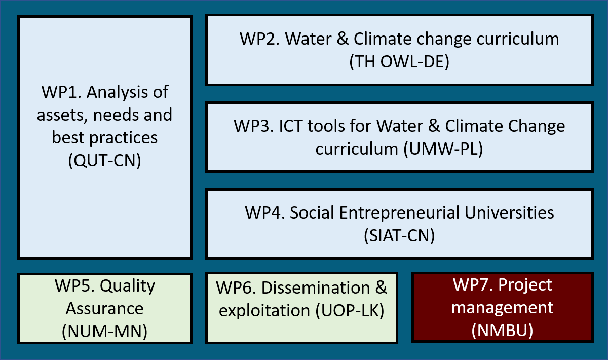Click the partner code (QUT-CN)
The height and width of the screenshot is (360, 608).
[x=104, y=161]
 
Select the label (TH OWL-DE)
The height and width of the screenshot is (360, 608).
[x=399, y=62]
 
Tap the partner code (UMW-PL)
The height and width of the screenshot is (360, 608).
[x=443, y=149]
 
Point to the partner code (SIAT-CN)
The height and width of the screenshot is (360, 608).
[x=399, y=235]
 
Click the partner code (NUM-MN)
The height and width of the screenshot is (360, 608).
[x=104, y=332]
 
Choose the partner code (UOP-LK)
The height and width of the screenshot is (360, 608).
[x=350, y=310]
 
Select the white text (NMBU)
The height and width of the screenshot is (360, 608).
[x=503, y=331]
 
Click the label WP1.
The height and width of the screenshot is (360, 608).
[x=61, y=92]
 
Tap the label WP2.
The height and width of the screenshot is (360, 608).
[x=260, y=39]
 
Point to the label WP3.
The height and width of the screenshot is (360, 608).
[x=254, y=126]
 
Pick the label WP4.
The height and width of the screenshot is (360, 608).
[x=265, y=212]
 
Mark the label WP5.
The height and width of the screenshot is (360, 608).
[x=74, y=286]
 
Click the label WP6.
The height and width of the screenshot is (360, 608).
[x=236, y=287]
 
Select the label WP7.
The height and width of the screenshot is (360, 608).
[x=473, y=285]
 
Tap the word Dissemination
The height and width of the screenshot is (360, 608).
[x=316, y=287]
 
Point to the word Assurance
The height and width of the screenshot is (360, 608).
[x=104, y=309]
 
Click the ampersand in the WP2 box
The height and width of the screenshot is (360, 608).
[x=343, y=39]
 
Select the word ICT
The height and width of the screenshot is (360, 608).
[x=291, y=126]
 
